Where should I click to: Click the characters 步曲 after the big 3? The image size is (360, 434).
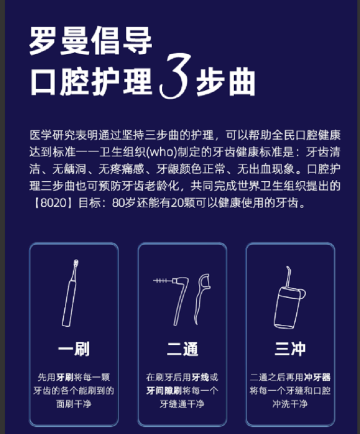coord(226,82)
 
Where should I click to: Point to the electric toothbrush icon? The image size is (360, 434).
coord(70,293)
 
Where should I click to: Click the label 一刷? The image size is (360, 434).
coord(74,349)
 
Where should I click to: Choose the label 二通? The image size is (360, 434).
coord(182,349)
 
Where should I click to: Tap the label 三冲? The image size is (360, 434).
coord(290,349)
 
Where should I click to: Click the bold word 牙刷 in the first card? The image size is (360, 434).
coord(65,377)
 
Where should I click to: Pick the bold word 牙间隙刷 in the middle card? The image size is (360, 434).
coord(164,390)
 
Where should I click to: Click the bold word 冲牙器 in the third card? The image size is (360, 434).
coord(317,377)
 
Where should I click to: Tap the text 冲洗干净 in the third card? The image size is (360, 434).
coord(290,404)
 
